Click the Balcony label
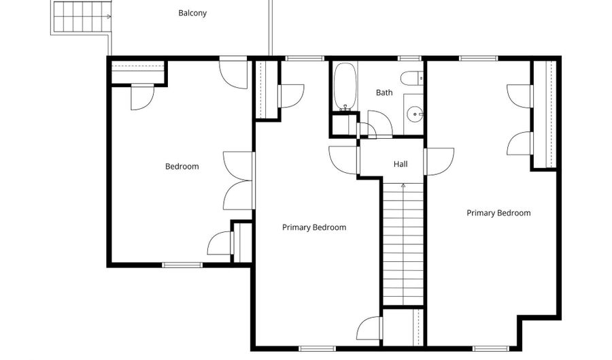point(192,13)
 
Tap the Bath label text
point(384,93)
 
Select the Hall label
point(401,164)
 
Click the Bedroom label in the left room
point(182,166)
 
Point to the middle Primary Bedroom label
point(314,227)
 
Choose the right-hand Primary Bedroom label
point(499,213)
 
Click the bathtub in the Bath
point(345,86)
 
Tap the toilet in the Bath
point(412,78)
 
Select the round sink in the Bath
point(415,114)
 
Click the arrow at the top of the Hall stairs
point(403,186)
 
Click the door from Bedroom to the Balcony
point(233,73)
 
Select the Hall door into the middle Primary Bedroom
point(343,160)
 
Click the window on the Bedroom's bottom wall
point(182,265)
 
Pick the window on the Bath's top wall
point(409,59)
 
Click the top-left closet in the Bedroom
point(137,72)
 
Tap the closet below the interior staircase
point(403,327)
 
